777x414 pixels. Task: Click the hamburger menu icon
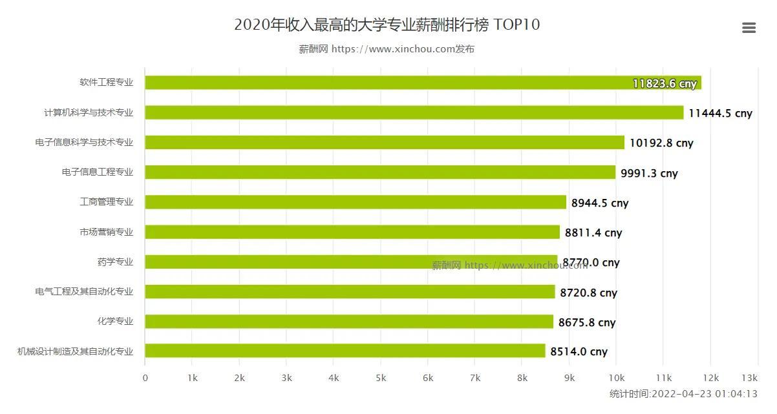[x=749, y=28]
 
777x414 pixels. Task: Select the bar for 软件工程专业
[x=423, y=83]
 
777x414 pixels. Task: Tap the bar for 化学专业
[x=349, y=322]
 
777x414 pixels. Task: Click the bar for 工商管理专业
[x=356, y=202]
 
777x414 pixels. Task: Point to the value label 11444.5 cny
[x=720, y=113]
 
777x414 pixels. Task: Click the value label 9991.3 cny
[x=649, y=173]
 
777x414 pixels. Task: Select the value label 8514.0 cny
[x=579, y=352]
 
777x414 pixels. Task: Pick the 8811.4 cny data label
[x=593, y=233]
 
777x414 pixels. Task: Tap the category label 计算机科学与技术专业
[x=89, y=112]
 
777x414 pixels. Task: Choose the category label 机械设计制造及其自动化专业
[x=75, y=351]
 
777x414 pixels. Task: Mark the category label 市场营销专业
[x=107, y=232]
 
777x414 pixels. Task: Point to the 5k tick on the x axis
[x=381, y=378]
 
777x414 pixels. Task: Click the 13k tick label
[x=749, y=378]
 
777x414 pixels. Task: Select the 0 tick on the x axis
[x=145, y=378]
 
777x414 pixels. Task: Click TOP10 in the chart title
[x=516, y=25]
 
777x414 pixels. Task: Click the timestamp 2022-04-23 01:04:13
[x=705, y=393]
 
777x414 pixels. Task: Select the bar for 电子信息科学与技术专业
[x=385, y=143]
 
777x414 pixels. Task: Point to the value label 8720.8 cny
[x=588, y=293]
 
